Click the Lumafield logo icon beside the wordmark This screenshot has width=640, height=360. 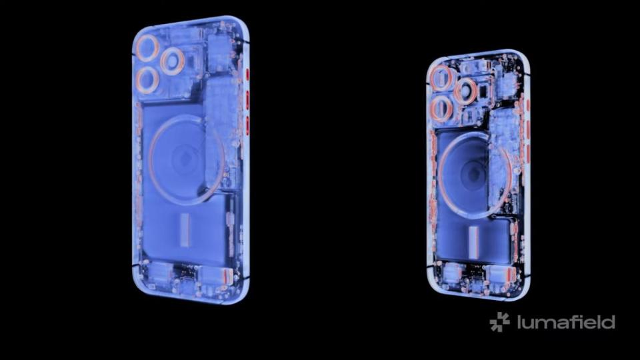pos(499,321)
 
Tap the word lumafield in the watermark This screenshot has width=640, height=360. pos(566,322)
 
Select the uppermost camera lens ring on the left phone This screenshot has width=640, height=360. pos(147,48)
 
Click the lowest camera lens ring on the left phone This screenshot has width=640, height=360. pos(148,80)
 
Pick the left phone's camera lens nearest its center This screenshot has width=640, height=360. pos(173,61)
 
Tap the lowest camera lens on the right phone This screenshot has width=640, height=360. pos(441,109)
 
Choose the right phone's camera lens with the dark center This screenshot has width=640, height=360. pos(466,91)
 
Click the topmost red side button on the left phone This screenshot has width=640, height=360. pos(247,75)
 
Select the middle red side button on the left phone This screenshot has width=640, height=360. pos(247,100)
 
